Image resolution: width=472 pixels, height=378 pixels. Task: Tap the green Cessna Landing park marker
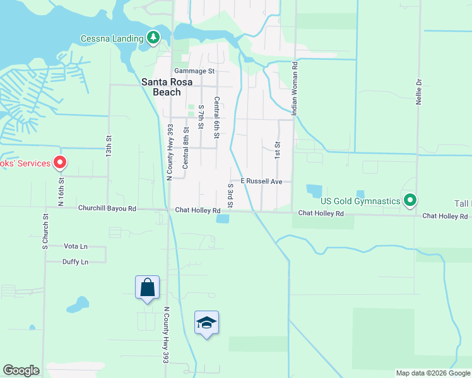coord(153,38)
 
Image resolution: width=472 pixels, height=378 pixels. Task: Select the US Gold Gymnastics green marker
coord(410,201)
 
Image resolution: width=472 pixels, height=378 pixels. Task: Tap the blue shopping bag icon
coord(147,288)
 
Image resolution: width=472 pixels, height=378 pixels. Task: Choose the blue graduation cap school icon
coord(206,323)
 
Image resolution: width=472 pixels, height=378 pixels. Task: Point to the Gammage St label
coord(195,71)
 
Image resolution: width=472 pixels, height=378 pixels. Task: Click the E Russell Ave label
coord(261,181)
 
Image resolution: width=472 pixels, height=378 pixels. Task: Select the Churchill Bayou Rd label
coord(107,209)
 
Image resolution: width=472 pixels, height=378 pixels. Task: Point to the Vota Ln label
coord(76,246)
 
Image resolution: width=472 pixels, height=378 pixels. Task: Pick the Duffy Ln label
coord(75,261)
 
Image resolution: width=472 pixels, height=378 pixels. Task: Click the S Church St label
coord(45,231)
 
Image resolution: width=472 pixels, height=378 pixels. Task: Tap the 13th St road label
coord(109,146)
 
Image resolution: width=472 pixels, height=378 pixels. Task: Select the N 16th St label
coord(61,192)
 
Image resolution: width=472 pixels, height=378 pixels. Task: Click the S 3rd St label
coord(230,196)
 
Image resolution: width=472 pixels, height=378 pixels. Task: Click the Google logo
coord(21,370)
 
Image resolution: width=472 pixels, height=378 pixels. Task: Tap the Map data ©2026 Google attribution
coord(432,373)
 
